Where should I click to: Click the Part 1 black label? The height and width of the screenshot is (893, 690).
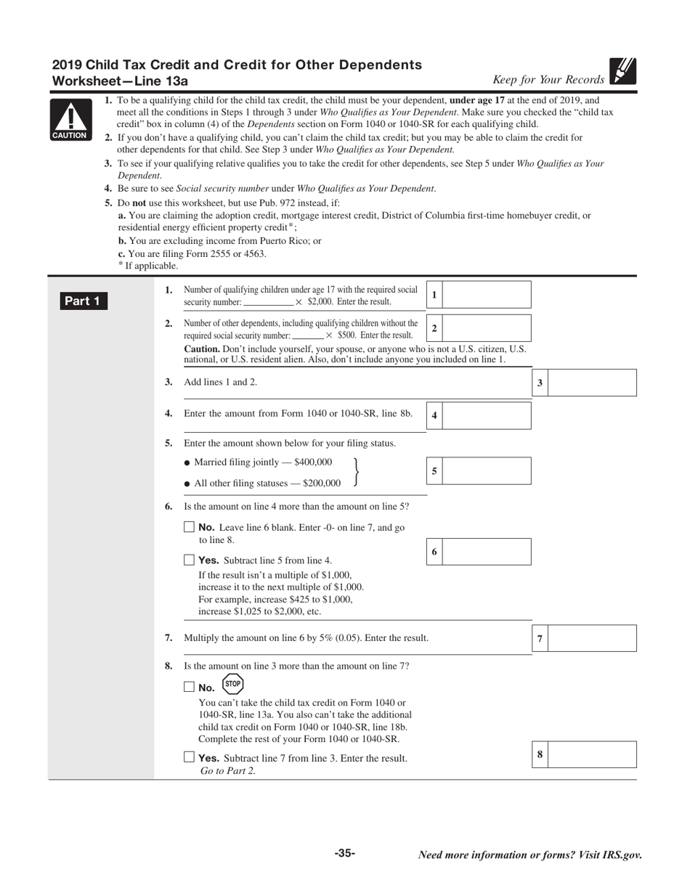click(x=84, y=301)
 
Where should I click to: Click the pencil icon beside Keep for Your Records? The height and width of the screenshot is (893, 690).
click(x=623, y=72)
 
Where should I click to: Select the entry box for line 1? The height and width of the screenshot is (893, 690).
click(x=486, y=295)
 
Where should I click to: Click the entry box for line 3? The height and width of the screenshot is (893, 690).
click(x=592, y=383)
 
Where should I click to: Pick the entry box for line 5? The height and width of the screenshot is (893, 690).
click(x=486, y=470)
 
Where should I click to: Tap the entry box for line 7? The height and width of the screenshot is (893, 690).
click(x=592, y=638)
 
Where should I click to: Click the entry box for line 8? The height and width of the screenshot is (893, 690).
click(x=592, y=754)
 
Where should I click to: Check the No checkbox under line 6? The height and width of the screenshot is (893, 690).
click(x=190, y=527)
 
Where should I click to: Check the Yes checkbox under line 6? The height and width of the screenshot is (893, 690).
click(x=190, y=560)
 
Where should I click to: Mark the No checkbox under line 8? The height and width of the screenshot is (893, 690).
click(x=190, y=687)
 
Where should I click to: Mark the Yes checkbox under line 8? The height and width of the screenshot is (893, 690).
click(x=190, y=757)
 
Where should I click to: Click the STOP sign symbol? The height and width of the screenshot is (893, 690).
click(x=232, y=684)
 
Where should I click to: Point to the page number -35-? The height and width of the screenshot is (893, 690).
click(x=345, y=854)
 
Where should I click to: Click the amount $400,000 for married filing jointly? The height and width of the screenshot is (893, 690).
click(x=313, y=462)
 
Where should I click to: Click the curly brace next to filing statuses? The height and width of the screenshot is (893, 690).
click(x=355, y=472)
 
